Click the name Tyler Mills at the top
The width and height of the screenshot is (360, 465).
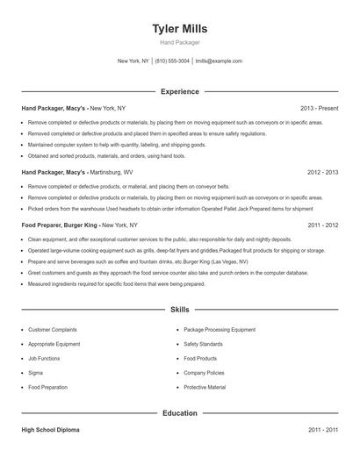click(x=179, y=28)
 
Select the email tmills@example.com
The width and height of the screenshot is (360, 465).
click(x=219, y=61)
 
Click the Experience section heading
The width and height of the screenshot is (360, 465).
click(x=179, y=91)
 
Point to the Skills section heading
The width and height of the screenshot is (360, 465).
click(x=179, y=310)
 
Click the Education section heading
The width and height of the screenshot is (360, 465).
click(x=179, y=412)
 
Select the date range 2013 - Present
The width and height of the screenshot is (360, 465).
click(x=319, y=108)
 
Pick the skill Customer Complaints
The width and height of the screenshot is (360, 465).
click(x=53, y=330)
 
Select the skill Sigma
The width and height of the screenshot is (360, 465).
click(x=36, y=373)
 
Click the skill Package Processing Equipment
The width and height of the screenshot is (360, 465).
click(x=220, y=330)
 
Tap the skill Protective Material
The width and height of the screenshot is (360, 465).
click(x=205, y=387)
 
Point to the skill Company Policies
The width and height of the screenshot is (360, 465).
click(x=205, y=373)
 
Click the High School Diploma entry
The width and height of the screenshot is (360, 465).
click(x=52, y=431)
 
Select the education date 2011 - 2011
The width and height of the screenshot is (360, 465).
click(x=322, y=431)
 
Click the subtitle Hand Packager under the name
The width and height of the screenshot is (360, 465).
click(x=179, y=42)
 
